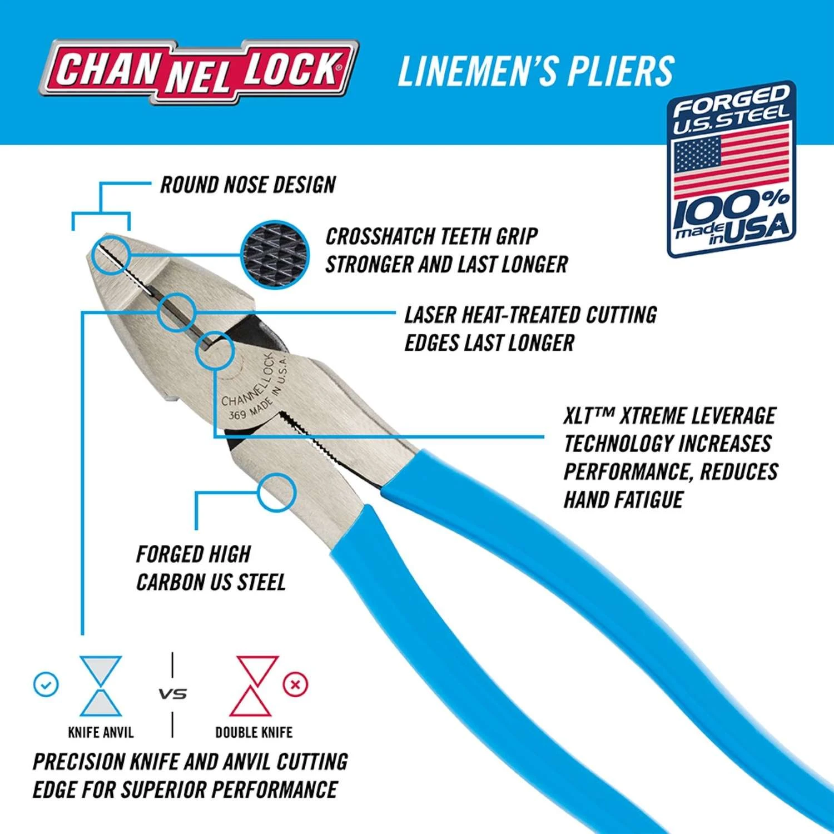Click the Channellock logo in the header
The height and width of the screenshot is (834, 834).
pos(199,71)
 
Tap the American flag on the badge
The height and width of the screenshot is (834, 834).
pos(731,161)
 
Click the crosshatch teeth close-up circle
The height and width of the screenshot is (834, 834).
pos(275,254)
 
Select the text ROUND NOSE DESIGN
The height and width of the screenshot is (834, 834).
pos(248,185)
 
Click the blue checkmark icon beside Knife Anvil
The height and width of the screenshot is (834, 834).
pos(46,684)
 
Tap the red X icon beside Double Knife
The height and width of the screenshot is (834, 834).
pos(295,684)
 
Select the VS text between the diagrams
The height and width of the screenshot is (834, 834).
pos(172,694)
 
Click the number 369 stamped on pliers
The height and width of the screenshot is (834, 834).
pos(237,415)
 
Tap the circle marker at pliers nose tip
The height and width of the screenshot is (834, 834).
pos(111,255)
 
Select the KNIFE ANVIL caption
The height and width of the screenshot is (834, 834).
pos(101,732)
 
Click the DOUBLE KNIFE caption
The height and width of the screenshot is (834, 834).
pos(254,732)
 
